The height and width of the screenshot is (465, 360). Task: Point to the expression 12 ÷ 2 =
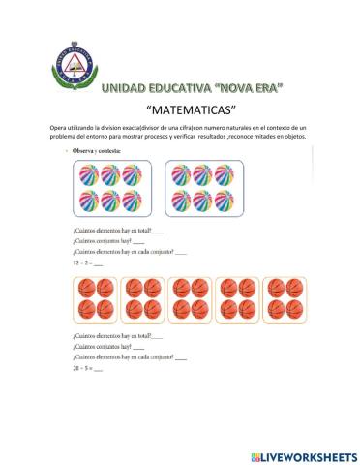pyautogui.click(x=82, y=263)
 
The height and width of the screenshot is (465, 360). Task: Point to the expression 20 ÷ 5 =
pyautogui.click(x=82, y=369)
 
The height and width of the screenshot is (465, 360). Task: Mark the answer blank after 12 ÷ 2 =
pyautogui.click(x=98, y=263)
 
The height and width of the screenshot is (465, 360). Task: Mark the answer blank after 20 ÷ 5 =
pyautogui.click(x=98, y=370)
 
